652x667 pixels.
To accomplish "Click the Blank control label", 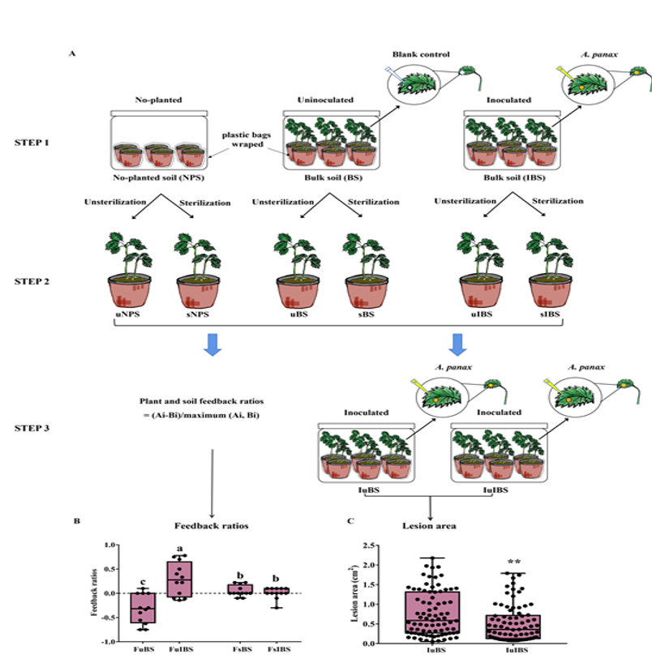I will (421, 55).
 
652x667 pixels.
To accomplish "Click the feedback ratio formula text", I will (211, 408).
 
